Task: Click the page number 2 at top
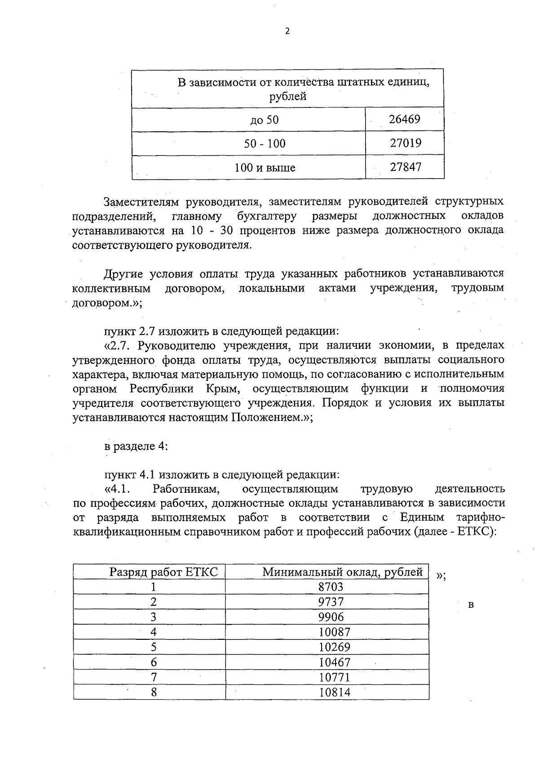(287, 31)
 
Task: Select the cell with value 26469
(404, 119)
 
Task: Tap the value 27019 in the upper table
(405, 143)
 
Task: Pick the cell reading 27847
(405, 167)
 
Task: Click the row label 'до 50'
(265, 120)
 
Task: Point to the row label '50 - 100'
(265, 144)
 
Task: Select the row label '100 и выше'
(265, 168)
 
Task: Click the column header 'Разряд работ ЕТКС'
(163, 572)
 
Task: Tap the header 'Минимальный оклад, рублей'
(342, 572)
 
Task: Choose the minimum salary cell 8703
(331, 587)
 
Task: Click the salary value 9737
(331, 602)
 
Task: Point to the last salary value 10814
(334, 692)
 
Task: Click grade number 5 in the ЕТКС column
(154, 647)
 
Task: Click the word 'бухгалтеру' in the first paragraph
(267, 216)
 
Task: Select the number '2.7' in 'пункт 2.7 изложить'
(146, 331)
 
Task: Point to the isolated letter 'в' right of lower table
(471, 605)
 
